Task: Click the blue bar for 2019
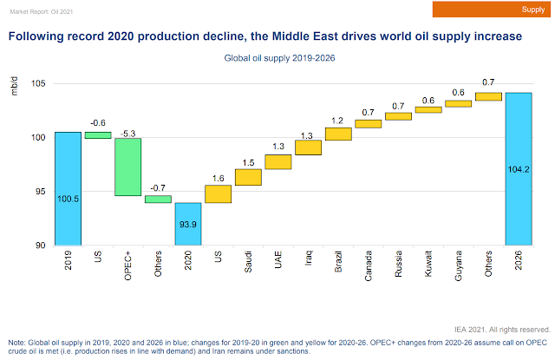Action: pos(68,188)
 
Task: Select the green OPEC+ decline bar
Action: pos(127,167)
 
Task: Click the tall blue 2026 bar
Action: pos(519,168)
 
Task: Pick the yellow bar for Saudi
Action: pos(248,177)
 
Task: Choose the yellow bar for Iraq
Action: pos(308,147)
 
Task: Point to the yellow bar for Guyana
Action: pos(458,103)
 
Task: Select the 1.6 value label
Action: pos(218,178)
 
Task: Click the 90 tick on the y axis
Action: pos(41,245)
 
